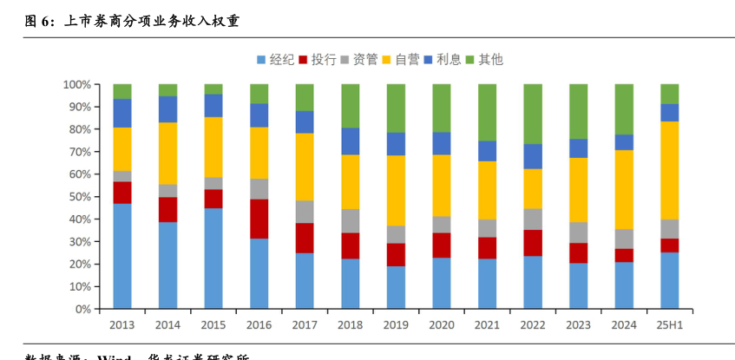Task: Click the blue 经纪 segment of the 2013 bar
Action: (122, 256)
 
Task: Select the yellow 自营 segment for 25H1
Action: (669, 170)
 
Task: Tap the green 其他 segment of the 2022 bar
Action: (533, 114)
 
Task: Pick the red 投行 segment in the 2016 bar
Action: (259, 219)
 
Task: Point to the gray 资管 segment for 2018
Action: (351, 221)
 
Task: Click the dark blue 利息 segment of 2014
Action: (167, 109)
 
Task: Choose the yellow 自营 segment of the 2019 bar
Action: (396, 191)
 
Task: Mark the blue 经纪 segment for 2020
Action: (442, 283)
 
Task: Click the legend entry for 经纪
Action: (276, 59)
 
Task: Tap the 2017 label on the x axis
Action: (305, 324)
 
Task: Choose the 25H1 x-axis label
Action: (669, 324)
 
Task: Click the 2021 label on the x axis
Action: (487, 324)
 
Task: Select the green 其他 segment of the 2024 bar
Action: (624, 109)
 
